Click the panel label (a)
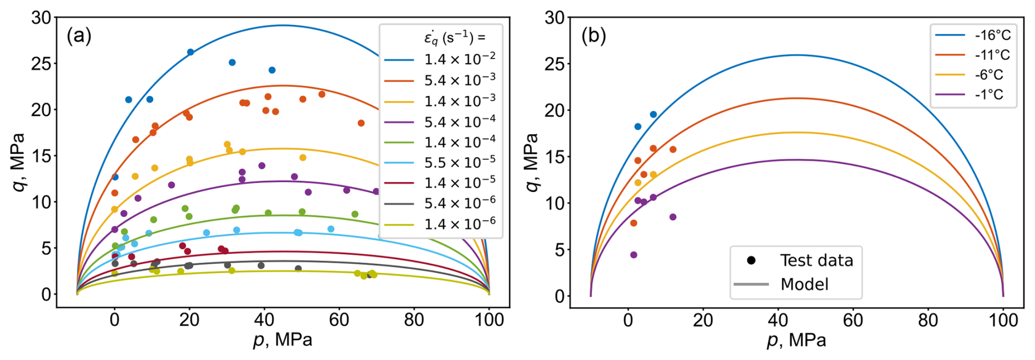point(79,36)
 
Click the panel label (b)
point(594,36)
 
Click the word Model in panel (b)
point(804,284)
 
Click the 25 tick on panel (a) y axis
point(42,64)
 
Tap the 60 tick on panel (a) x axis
point(339,320)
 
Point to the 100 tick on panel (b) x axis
point(1003,320)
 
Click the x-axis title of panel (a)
point(283,340)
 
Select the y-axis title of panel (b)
point(531,162)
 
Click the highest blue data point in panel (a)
point(190,52)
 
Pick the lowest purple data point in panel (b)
point(633,255)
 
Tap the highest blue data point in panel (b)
point(653,114)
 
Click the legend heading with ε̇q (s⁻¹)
point(454,37)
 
